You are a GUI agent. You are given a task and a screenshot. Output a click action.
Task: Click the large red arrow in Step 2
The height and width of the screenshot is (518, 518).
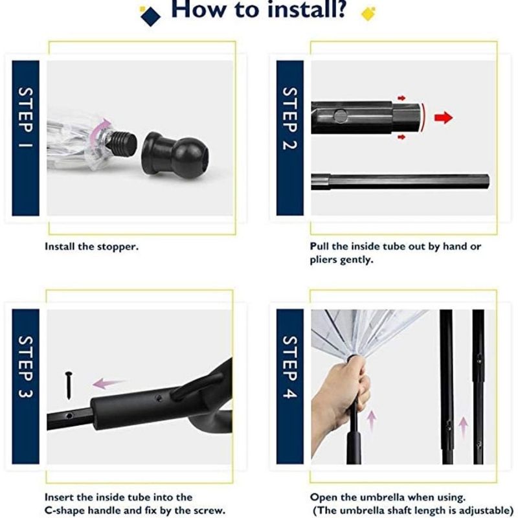pos(444,117)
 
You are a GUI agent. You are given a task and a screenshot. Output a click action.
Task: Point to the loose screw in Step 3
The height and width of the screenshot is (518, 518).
pos(69,385)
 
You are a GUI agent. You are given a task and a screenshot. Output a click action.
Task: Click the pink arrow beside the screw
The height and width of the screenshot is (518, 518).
pos(108,383)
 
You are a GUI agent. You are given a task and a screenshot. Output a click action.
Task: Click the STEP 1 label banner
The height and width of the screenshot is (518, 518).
pos(25,138)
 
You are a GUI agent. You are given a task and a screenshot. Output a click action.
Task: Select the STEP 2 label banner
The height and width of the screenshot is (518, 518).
pos(289,138)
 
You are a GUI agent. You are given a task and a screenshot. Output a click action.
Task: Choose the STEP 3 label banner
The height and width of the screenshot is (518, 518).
pos(25,387)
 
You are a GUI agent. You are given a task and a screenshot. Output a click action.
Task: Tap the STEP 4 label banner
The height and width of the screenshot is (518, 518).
pos(289,387)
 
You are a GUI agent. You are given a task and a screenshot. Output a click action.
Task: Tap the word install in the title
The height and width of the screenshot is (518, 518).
pos(306,9)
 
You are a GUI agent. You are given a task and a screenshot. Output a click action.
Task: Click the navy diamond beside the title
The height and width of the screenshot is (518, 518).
pos(150,16)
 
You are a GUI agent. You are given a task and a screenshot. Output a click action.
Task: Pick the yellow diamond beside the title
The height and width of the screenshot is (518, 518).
pos(368,13)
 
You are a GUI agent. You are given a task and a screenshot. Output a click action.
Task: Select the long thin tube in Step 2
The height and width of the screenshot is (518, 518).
pos(400,182)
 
